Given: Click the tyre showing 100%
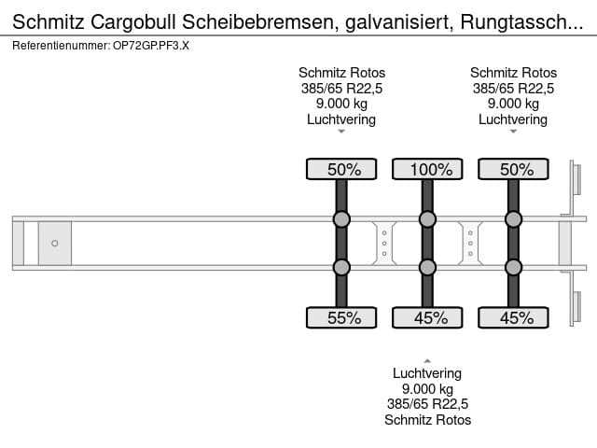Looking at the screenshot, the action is (427, 169).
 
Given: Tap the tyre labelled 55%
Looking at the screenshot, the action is (341, 317).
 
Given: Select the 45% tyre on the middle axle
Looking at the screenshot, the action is (427, 317).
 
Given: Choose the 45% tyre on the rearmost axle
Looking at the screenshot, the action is (513, 317).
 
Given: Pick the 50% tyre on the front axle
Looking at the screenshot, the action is (341, 169).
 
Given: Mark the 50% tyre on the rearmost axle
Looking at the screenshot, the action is (513, 169).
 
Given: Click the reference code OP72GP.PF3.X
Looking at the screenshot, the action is (151, 46).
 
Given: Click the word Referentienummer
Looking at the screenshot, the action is (61, 46).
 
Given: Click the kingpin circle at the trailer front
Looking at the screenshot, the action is (55, 243).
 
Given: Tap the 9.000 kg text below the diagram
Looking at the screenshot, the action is (427, 389).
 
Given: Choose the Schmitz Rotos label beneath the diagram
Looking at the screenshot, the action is (427, 420).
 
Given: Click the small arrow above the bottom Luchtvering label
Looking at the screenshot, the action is (427, 361).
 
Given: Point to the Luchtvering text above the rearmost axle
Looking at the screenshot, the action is (513, 119).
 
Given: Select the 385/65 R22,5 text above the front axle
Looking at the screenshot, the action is (341, 89).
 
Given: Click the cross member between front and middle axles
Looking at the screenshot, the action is (384, 243).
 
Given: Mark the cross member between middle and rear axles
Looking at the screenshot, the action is (470, 243).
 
